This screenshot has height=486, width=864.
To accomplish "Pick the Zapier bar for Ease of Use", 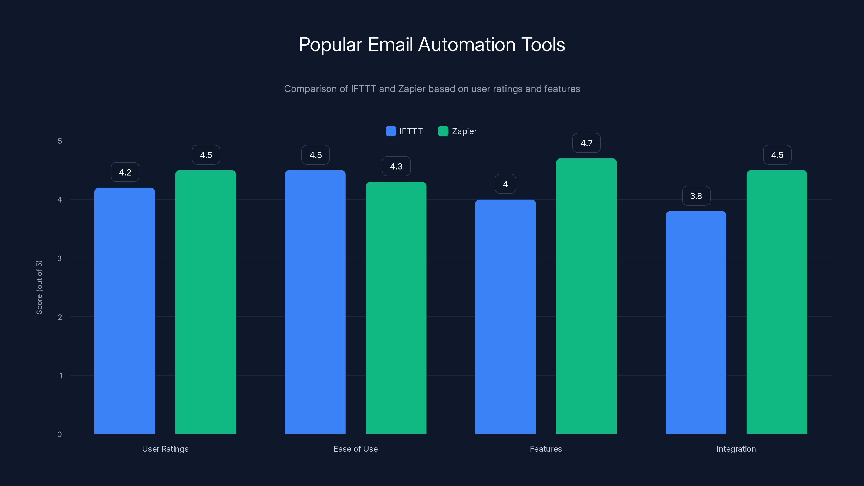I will click(x=396, y=308).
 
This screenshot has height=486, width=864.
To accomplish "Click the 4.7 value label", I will click(x=586, y=143).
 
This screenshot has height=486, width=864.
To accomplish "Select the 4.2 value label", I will click(x=125, y=173).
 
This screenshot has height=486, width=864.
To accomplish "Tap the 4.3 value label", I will click(x=396, y=166).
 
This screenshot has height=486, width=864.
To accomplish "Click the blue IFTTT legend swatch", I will click(x=391, y=131).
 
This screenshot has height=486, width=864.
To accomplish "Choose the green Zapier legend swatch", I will click(x=443, y=131).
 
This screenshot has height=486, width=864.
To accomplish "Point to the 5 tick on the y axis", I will click(x=60, y=141).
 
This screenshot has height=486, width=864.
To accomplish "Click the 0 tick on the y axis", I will click(x=59, y=434).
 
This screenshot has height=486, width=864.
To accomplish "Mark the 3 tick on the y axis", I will click(x=59, y=258).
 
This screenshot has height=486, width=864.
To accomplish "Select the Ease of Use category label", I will click(x=356, y=449).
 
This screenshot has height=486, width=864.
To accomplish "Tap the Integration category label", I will click(x=736, y=449).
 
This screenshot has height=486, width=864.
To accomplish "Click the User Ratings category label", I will click(x=165, y=449).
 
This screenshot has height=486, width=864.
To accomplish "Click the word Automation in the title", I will click(x=467, y=45).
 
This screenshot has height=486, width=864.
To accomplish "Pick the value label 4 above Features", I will click(x=505, y=184).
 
